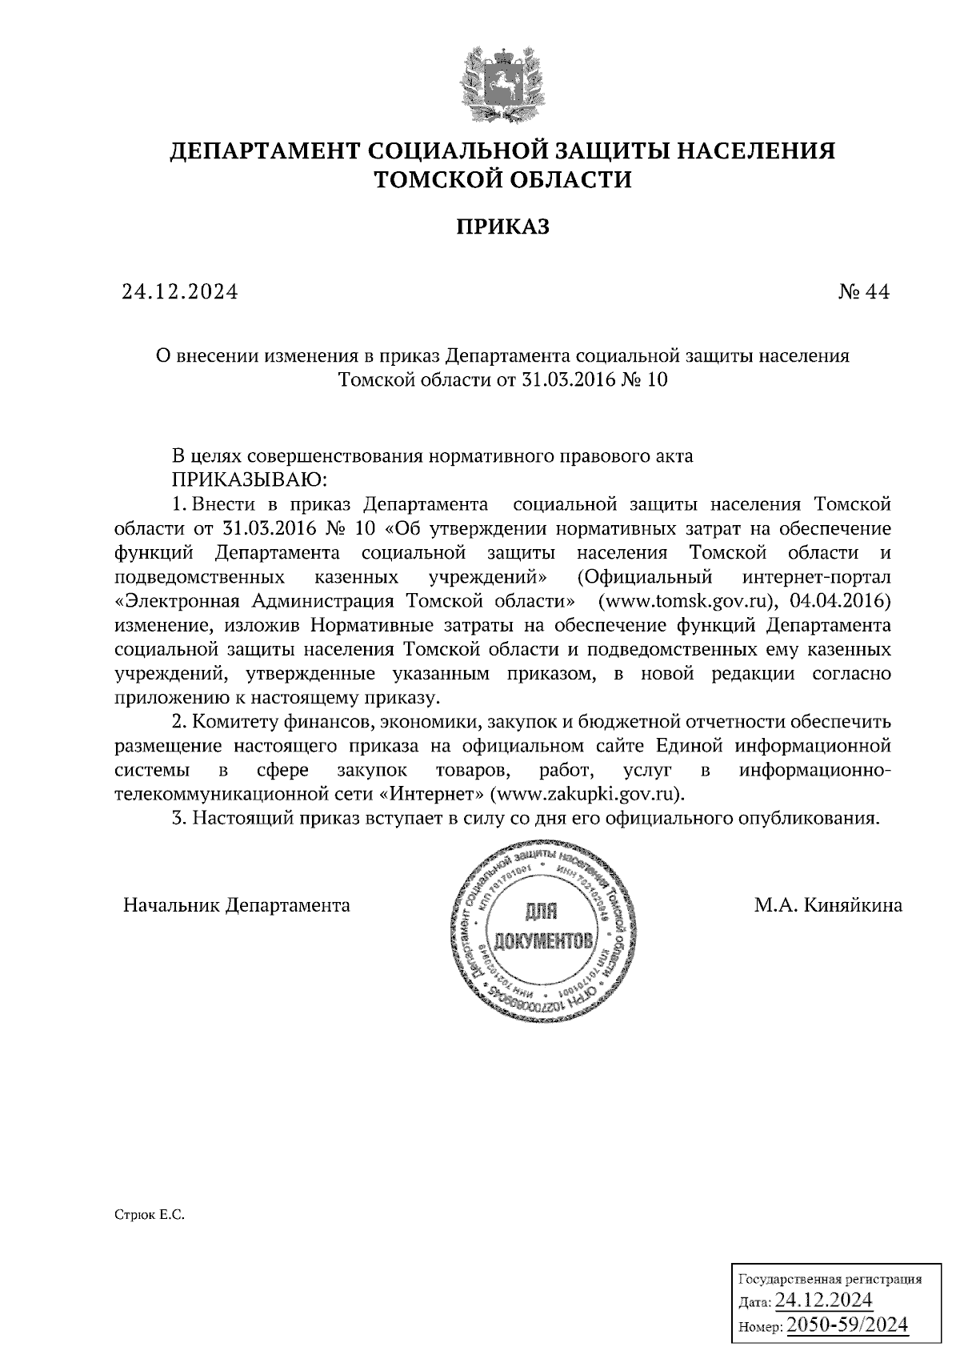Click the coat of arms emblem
pyautogui.click(x=493, y=86)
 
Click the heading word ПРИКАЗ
pyautogui.click(x=503, y=227)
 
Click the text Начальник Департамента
pyautogui.click(x=237, y=905)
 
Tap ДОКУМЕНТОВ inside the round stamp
pyautogui.click(x=544, y=940)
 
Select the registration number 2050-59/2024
pyautogui.click(x=847, y=1325)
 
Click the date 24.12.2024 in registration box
pyautogui.click(x=824, y=1299)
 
